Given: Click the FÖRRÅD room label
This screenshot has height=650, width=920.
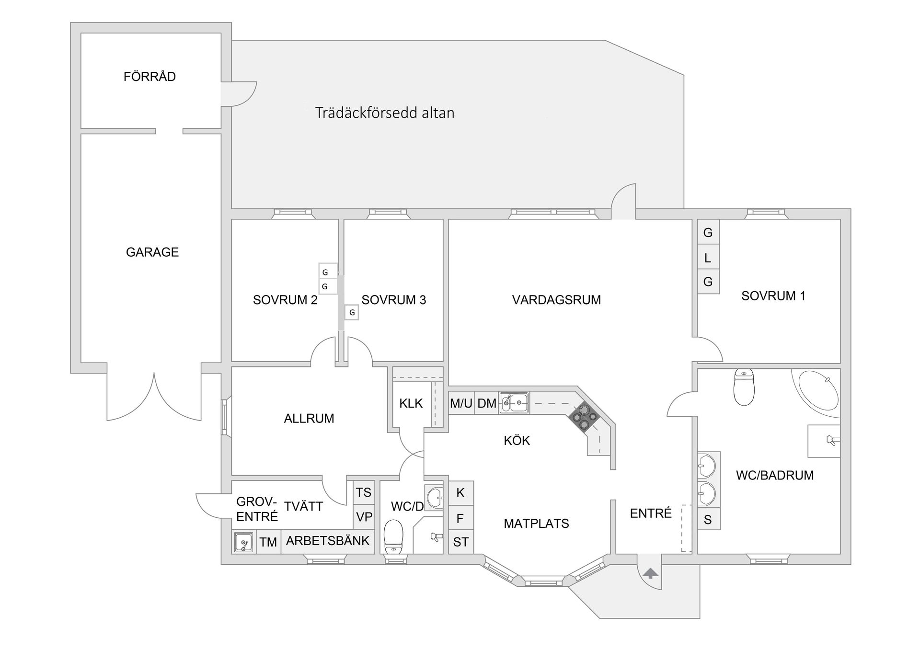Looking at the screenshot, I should point(149,77).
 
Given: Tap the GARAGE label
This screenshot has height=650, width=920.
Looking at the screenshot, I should point(152,252).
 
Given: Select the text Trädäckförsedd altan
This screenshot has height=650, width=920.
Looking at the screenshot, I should point(384,113).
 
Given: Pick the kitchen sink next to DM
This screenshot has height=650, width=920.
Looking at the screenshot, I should point(514,403).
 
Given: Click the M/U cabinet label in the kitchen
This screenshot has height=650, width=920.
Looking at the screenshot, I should point(461,403).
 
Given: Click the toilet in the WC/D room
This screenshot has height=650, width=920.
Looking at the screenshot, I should point(394,536).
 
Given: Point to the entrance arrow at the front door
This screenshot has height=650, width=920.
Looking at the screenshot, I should point(650,573).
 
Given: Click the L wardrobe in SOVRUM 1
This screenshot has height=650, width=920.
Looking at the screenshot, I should point(708,258).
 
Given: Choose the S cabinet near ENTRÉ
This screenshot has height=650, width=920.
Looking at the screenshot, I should point(708,520).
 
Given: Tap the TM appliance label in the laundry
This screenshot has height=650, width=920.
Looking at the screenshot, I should point(268,542).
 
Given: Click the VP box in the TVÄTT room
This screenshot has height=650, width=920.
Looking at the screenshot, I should point(364,517).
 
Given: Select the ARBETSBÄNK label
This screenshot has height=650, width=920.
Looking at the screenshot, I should point(328,541).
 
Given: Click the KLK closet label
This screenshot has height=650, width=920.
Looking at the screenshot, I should point(411,403).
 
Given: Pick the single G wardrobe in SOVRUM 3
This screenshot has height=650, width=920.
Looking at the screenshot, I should point(352,313).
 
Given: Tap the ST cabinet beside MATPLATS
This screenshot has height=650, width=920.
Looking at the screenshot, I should point(461,542).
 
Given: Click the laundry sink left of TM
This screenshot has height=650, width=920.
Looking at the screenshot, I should point(243,542).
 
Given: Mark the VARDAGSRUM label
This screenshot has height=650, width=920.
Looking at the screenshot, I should point(556,300).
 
